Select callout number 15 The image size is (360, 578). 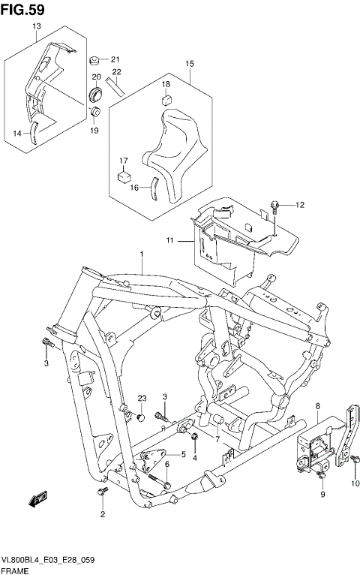190,64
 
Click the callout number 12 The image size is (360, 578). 300,204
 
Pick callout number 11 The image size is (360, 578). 170,240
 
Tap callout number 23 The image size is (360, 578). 140,398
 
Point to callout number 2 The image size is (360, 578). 103,514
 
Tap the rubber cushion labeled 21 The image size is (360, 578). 95,59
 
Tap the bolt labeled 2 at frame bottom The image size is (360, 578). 101,492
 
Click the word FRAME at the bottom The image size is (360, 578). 16,571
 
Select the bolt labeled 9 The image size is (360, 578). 322,474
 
